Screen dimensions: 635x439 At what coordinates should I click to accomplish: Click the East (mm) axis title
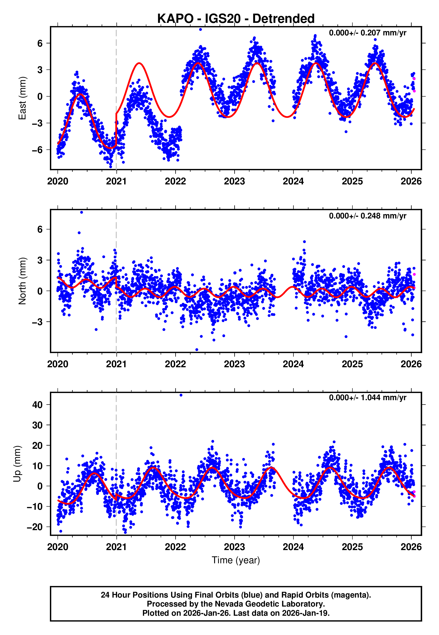click(22, 98)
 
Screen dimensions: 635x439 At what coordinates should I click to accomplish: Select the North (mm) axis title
click(22, 281)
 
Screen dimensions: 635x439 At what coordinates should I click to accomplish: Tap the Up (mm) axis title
click(17, 464)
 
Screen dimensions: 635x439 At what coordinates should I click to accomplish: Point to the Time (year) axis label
click(236, 560)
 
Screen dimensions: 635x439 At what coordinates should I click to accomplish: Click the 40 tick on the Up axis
click(37, 405)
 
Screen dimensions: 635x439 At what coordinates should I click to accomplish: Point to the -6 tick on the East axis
click(37, 150)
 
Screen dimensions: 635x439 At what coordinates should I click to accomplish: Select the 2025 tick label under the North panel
click(352, 364)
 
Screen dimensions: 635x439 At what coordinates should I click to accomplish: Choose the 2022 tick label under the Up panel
click(175, 547)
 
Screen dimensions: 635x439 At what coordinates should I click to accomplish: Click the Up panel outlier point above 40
click(181, 395)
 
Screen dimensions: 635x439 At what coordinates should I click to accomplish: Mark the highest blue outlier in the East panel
click(200, 29)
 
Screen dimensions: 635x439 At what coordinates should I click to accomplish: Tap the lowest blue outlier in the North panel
click(197, 350)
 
